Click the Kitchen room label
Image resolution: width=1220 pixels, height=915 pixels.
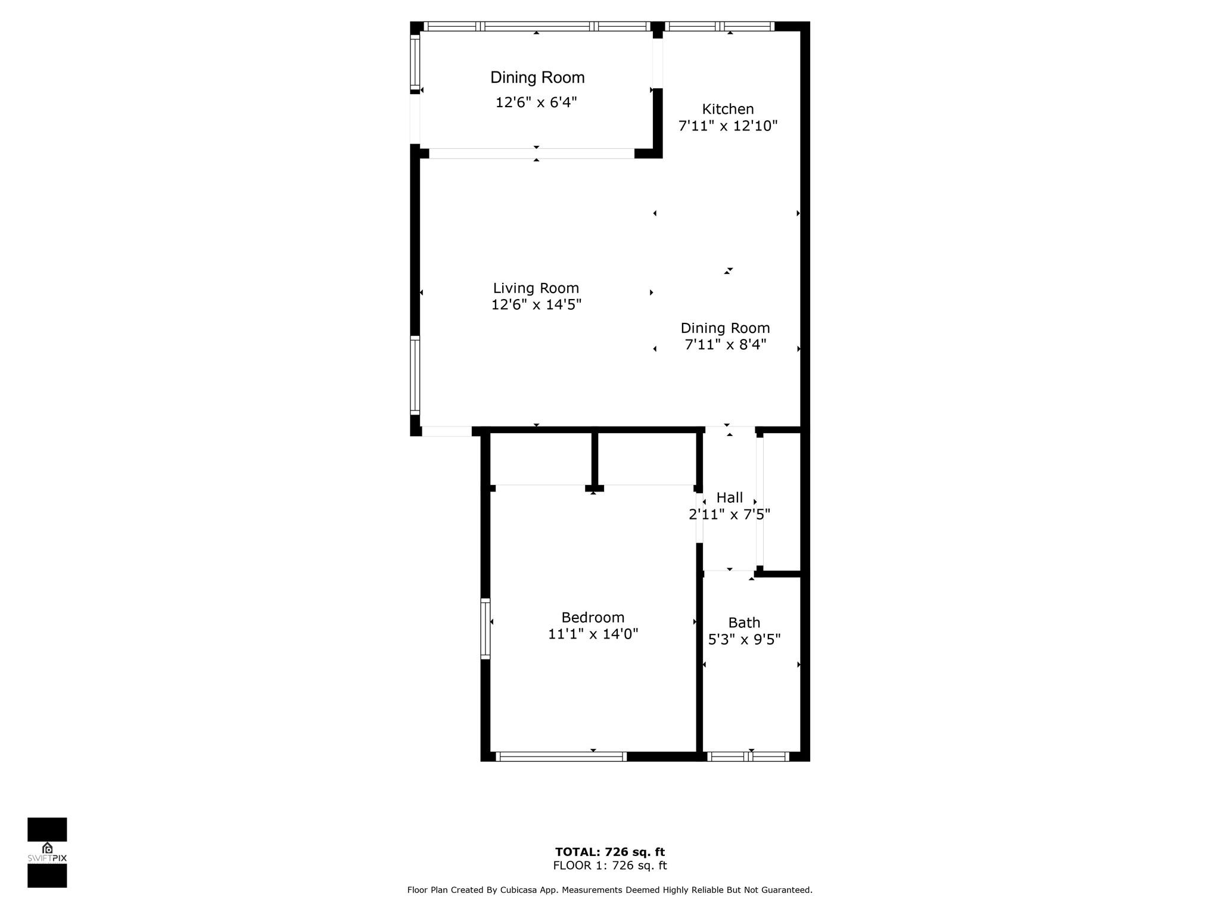727,109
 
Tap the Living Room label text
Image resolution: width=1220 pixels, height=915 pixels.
536,288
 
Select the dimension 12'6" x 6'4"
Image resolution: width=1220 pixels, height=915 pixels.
536,102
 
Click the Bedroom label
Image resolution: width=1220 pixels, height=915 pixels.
593,617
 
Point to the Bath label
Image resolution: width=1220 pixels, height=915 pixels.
744,623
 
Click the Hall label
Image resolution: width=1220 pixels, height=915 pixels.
729,497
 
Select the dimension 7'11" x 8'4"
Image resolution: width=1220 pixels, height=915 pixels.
725,344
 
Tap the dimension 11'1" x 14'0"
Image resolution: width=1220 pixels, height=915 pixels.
593,634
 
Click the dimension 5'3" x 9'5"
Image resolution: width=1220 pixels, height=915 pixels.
744,639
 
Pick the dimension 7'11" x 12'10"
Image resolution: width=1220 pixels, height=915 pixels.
727,126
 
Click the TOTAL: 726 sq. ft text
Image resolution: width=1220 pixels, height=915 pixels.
609,852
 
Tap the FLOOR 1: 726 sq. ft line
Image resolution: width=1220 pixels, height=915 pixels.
609,866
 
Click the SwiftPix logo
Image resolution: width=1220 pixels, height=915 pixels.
47,852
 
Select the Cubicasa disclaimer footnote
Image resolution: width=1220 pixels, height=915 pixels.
609,890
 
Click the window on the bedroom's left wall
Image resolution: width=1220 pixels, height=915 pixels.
485,628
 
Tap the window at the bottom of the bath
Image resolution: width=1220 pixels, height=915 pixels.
748,757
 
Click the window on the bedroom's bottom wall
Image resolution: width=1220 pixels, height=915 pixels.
561,757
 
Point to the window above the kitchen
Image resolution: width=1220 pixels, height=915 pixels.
720,26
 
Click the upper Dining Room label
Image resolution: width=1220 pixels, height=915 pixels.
537,77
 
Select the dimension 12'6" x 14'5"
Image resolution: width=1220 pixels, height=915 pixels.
536,305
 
